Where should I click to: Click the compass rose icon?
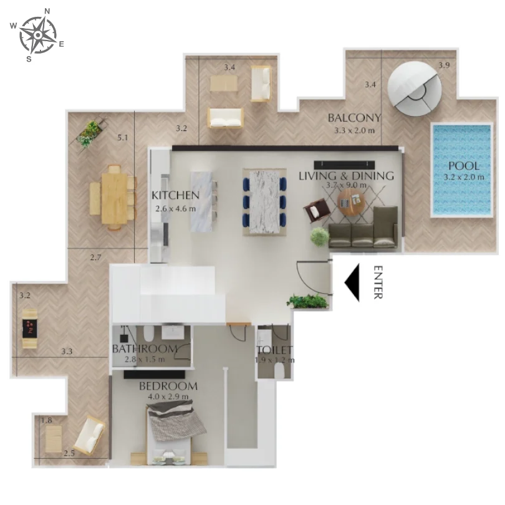(x=38, y=35)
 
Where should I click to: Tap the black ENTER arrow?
(x=353, y=283)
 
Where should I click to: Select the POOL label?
(x=464, y=166)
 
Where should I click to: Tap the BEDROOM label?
(x=168, y=386)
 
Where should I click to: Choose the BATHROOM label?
(x=145, y=349)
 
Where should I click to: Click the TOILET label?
(x=274, y=350)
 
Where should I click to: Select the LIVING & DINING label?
(x=346, y=176)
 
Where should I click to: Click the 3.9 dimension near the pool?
(x=443, y=65)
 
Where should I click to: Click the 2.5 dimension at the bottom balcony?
(x=69, y=453)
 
